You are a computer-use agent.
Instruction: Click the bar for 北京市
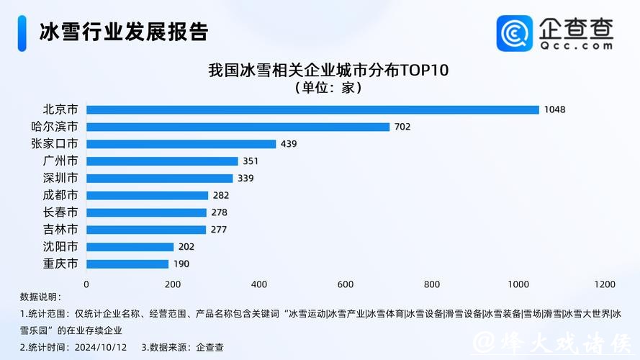pyautogui.click(x=312, y=109)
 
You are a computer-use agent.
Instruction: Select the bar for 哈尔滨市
pyautogui.click(x=238, y=127)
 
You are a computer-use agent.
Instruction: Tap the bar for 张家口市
pyautogui.click(x=181, y=144)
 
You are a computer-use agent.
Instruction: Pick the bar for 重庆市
pyautogui.click(x=127, y=264)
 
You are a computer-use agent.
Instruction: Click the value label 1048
pyautogui.click(x=555, y=109)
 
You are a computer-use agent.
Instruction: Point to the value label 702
pyautogui.click(x=402, y=127)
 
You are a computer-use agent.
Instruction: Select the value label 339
pyautogui.click(x=245, y=179)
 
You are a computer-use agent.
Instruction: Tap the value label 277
pyautogui.click(x=219, y=230)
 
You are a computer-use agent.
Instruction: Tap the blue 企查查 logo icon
pyautogui.click(x=515, y=33)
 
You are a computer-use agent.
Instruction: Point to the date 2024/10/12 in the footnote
pyautogui.click(x=105, y=347)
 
